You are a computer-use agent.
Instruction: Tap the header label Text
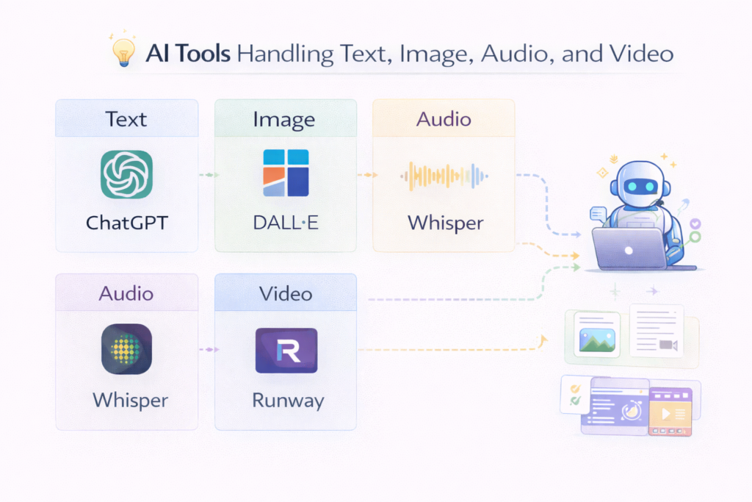click(126, 119)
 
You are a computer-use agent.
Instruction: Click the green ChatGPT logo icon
click(126, 175)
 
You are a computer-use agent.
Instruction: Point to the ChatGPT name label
click(126, 223)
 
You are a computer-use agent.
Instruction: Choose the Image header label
click(284, 119)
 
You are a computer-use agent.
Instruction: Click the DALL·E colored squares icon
click(286, 173)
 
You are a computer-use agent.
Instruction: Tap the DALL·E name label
click(286, 223)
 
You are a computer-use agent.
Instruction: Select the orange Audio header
click(444, 119)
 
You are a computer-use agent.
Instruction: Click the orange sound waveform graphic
click(444, 176)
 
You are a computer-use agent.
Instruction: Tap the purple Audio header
click(126, 294)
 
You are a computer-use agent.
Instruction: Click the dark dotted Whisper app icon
click(126, 350)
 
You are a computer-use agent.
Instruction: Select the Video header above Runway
click(286, 294)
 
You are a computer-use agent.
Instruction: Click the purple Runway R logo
click(286, 351)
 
